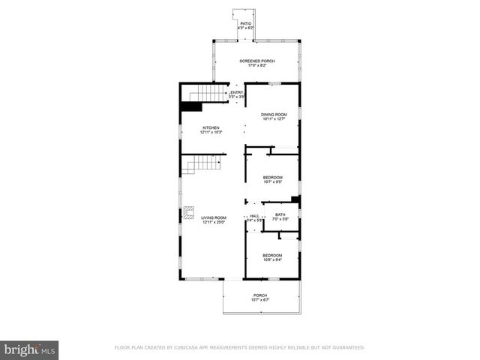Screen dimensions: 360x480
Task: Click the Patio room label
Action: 245,24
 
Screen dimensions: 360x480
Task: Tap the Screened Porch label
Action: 257,61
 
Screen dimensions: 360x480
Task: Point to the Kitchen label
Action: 211,128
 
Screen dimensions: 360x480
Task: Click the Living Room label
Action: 213,217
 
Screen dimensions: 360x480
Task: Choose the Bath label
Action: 280,215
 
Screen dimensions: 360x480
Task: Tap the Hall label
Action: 254,215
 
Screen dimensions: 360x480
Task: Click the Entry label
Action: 237,92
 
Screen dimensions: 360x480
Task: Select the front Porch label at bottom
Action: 260,295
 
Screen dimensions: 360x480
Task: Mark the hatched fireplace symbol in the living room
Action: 190,211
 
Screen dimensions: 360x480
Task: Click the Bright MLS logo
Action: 29,349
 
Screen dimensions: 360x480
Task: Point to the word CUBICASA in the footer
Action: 193,347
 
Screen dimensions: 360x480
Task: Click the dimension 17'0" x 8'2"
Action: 257,66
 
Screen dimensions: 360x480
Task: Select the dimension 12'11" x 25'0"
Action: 213,222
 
